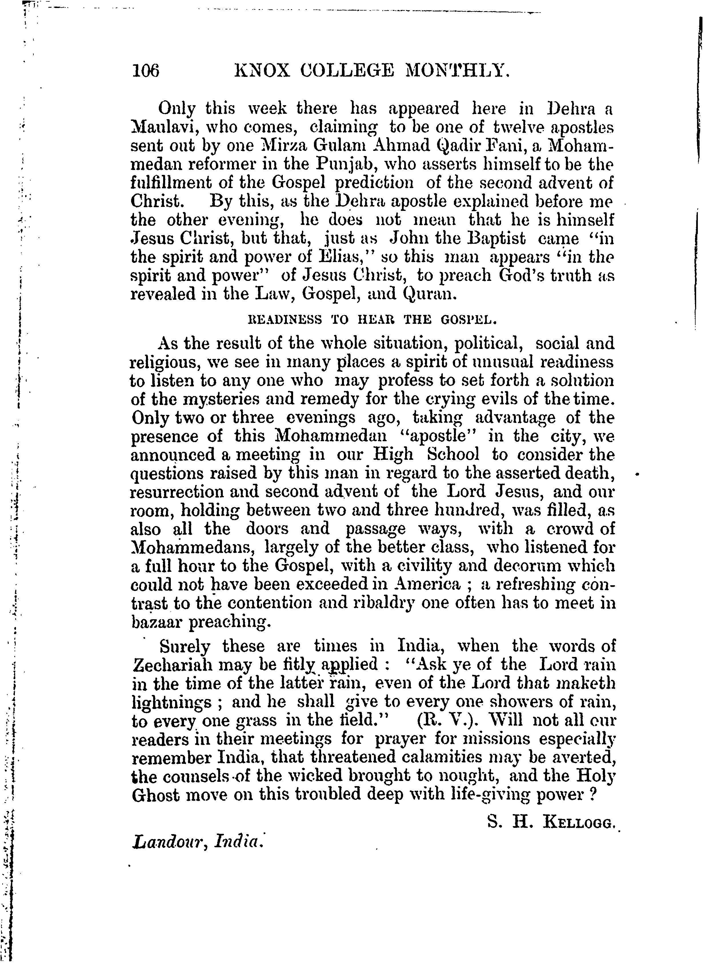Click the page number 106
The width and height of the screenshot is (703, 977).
pos(146,70)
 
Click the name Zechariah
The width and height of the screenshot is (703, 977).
pos(171,664)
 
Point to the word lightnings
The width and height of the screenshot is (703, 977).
pos(171,702)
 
